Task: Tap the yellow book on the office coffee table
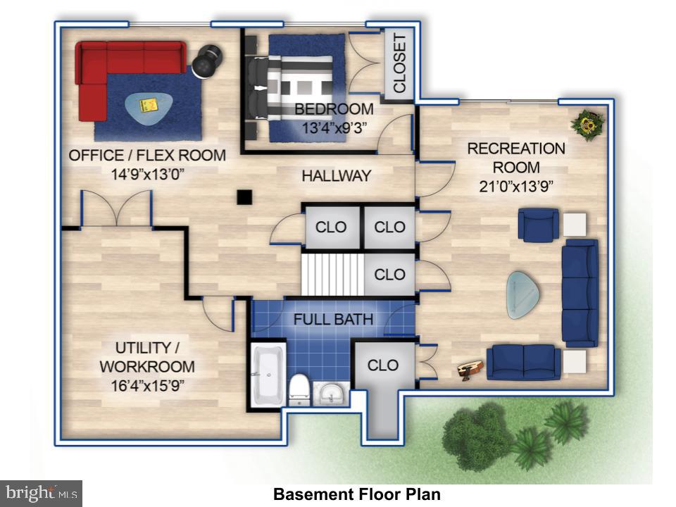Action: click(x=149, y=105)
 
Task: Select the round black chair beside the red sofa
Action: click(x=207, y=61)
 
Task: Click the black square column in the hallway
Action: click(x=244, y=197)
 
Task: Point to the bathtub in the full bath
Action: click(x=268, y=374)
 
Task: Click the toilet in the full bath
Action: click(x=299, y=389)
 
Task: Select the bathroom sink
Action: click(x=331, y=393)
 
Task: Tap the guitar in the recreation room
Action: click(x=470, y=370)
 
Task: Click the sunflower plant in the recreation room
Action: click(x=587, y=124)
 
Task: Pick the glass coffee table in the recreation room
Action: click(x=523, y=295)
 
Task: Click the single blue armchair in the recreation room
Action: click(x=538, y=225)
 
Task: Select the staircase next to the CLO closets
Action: click(x=332, y=274)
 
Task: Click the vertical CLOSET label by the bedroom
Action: click(x=399, y=64)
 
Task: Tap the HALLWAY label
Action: click(x=337, y=176)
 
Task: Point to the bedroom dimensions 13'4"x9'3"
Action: click(x=334, y=128)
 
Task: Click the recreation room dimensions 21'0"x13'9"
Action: click(x=516, y=186)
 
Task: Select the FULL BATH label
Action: click(x=333, y=320)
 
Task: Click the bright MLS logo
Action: click(x=41, y=493)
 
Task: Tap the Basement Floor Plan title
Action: click(x=357, y=494)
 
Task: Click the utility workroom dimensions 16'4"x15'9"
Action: click(x=147, y=385)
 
